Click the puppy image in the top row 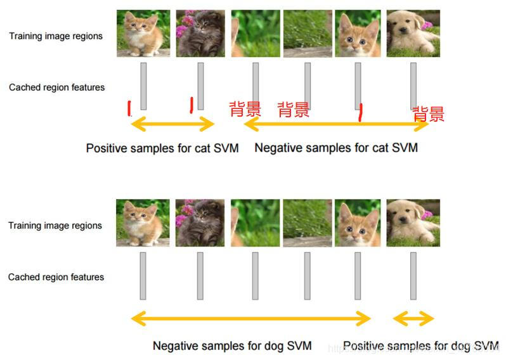coord(413,34)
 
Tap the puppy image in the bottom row coord(413,223)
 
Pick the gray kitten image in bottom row coord(200,223)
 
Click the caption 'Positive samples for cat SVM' coord(162,148)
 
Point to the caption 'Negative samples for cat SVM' coord(336,148)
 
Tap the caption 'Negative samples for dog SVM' coord(232,346)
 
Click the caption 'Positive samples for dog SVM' coord(420,345)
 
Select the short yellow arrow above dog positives coord(413,318)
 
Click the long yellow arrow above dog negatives coord(250,318)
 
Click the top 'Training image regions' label coord(56,36)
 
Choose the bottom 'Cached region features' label coord(56,277)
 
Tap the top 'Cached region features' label coord(57,87)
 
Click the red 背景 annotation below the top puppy coord(429,114)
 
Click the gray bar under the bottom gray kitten coord(200,276)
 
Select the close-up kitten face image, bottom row coord(357,223)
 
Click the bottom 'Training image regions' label coord(55,226)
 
